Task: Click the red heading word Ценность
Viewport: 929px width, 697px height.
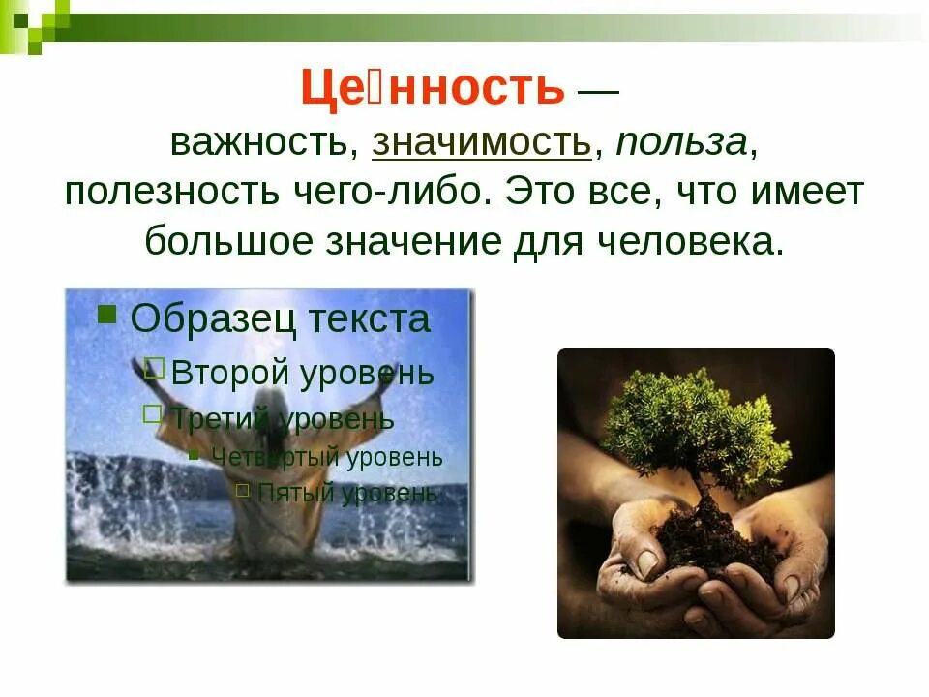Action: coord(432,89)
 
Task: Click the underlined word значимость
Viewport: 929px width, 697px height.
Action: coord(481,143)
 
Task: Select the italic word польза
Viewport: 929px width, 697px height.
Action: coord(681,143)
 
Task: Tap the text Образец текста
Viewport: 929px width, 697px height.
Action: coord(280,318)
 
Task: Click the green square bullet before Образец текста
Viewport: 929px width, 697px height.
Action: coord(107,313)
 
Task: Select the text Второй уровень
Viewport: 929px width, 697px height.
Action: coord(302,373)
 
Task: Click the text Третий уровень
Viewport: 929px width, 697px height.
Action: coord(283,419)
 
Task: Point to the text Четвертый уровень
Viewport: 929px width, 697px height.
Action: coord(326,457)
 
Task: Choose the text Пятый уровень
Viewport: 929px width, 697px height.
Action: coord(346,492)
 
